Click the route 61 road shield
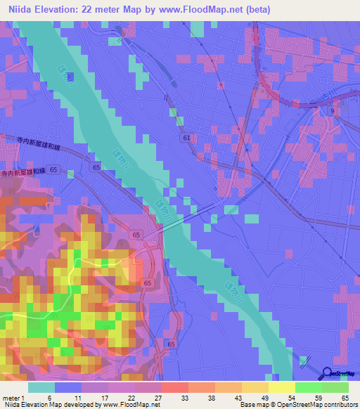pyautogui.click(x=185, y=138)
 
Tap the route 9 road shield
pyautogui.click(x=333, y=111)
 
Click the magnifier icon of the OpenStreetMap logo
pyautogui.click(x=328, y=374)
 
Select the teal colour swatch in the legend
pyautogui.click(x=41, y=387)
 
